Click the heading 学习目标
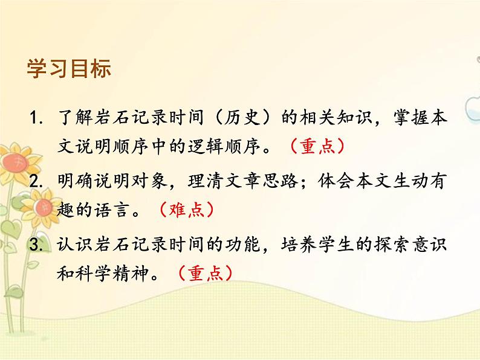[69, 68]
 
